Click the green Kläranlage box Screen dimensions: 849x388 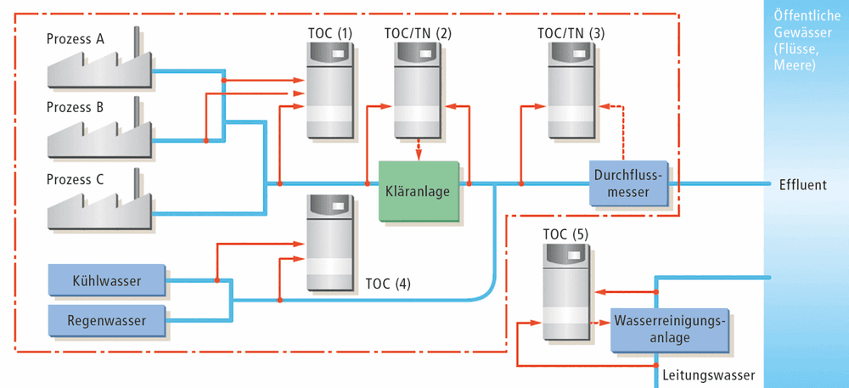coord(419,191)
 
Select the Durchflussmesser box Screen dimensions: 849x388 coord(628,183)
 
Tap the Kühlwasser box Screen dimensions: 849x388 coord(106,280)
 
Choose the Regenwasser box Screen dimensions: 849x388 coord(106,320)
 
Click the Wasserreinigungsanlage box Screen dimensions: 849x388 coord(669,330)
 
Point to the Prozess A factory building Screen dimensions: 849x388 coord(99,65)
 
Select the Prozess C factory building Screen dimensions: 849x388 coord(99,205)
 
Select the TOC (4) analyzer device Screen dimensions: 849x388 coord(329,243)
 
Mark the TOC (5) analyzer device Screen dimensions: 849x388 coord(565,291)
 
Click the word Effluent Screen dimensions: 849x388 coord(803,185)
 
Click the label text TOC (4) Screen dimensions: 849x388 coord(388,284)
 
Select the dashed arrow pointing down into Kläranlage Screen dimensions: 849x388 coord(418,150)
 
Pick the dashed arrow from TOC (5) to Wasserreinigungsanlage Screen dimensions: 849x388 coord(600,324)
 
